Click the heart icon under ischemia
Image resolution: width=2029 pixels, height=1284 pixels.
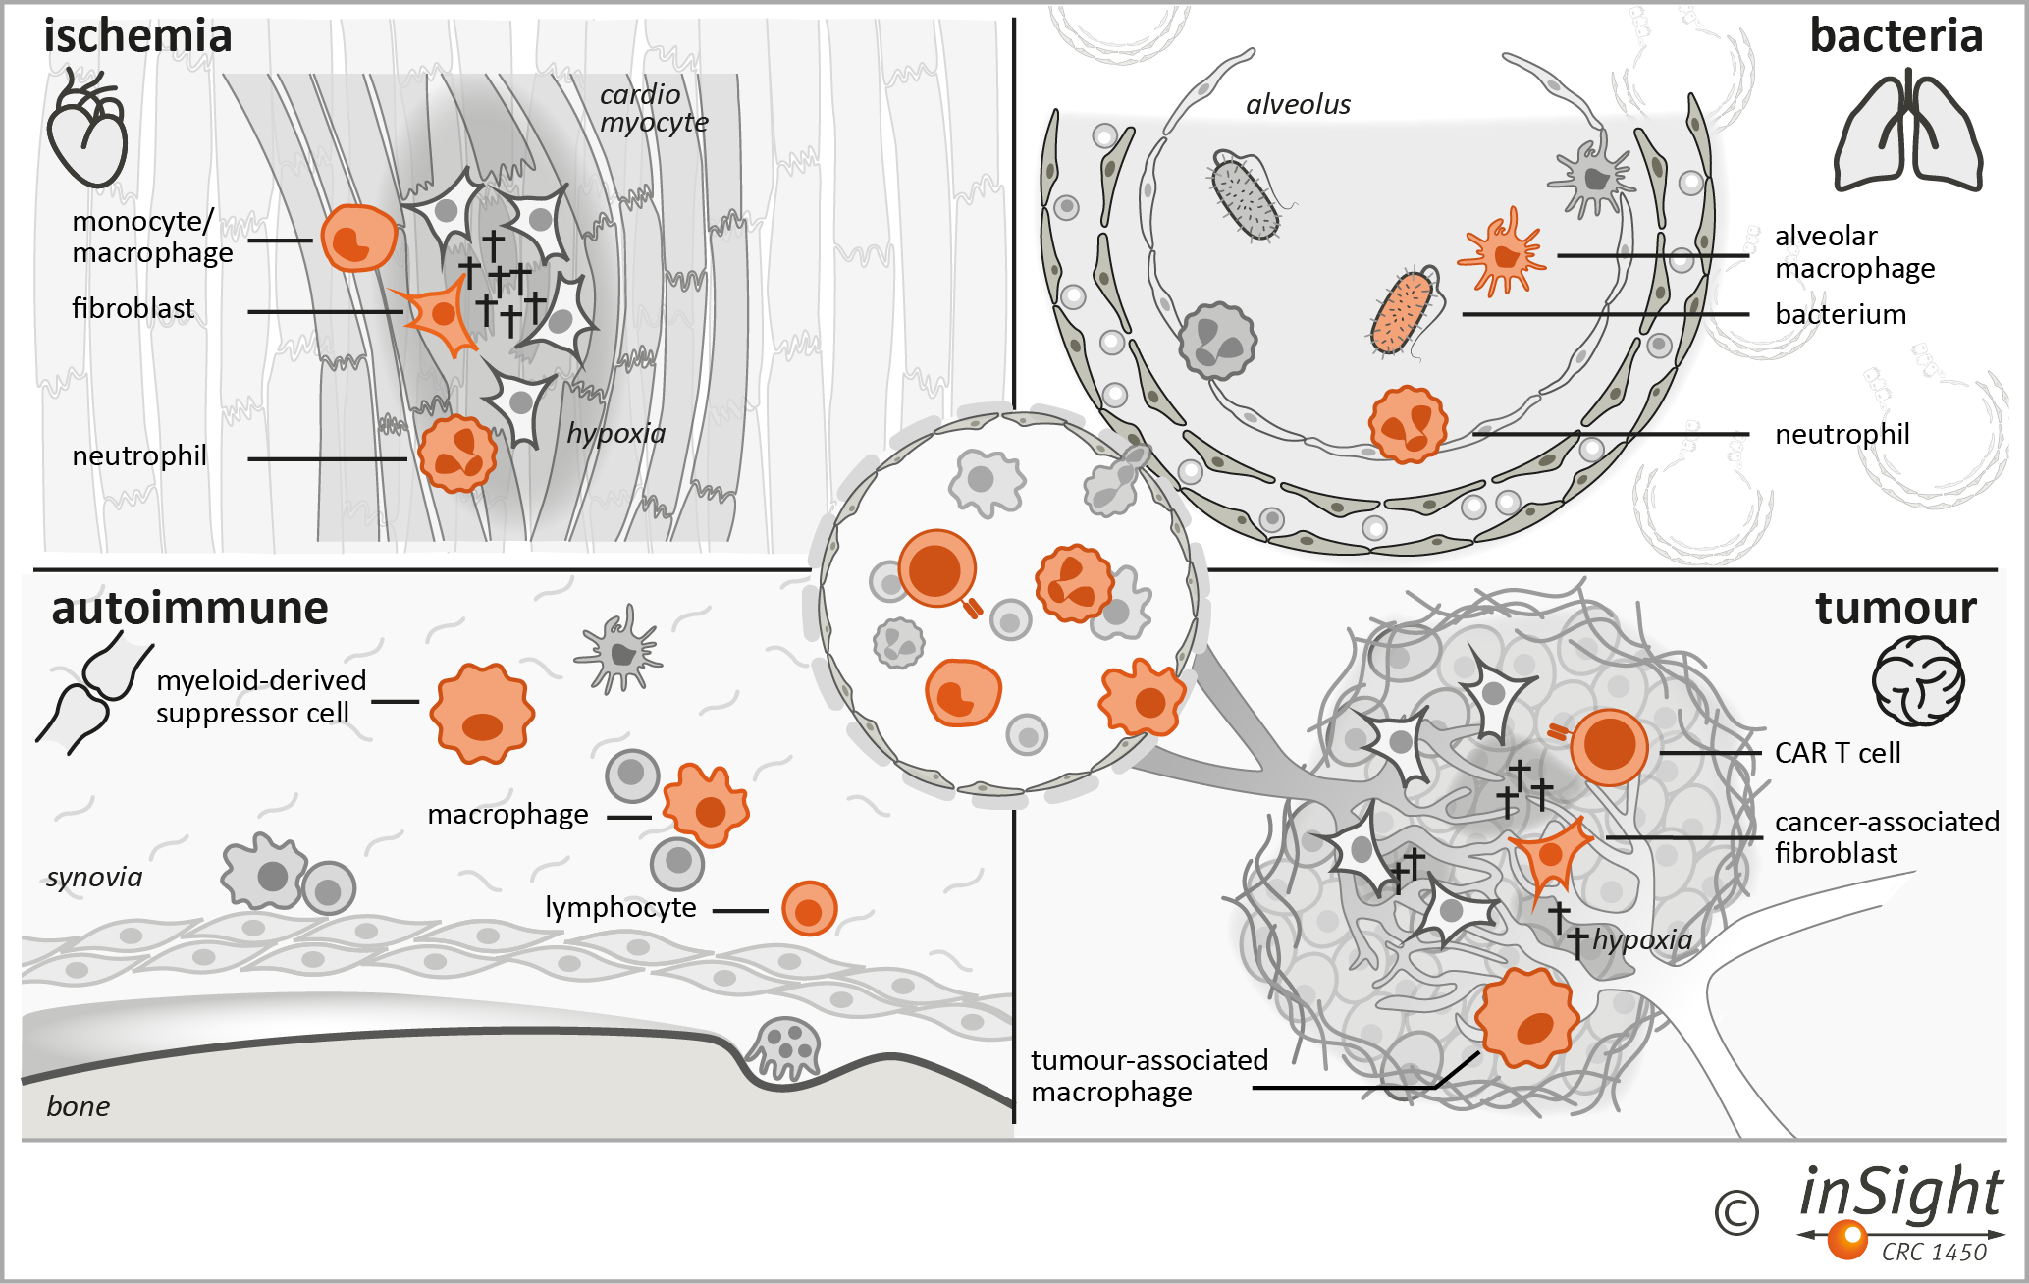[x=86, y=130]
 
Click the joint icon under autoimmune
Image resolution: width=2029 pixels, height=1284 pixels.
[x=92, y=693]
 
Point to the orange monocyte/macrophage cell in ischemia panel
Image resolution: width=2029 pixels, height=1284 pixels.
[x=358, y=239]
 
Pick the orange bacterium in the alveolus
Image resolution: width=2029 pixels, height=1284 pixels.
[x=1402, y=313]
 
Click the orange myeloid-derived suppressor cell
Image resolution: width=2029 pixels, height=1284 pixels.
[x=482, y=714]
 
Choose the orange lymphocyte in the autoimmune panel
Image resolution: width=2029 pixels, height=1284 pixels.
[x=809, y=909]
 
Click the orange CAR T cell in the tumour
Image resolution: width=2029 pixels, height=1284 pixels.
[x=1608, y=747]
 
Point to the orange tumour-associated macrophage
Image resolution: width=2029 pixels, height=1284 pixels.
[x=1526, y=1019]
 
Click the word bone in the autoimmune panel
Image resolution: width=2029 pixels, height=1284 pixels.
[x=79, y=1106]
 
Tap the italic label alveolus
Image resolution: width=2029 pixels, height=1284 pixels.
[x=1298, y=104]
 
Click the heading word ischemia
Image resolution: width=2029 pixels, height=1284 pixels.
[x=137, y=36]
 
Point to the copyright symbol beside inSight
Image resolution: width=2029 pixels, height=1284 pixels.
[x=1736, y=1213]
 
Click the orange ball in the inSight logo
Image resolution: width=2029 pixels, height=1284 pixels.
[x=1847, y=1239]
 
